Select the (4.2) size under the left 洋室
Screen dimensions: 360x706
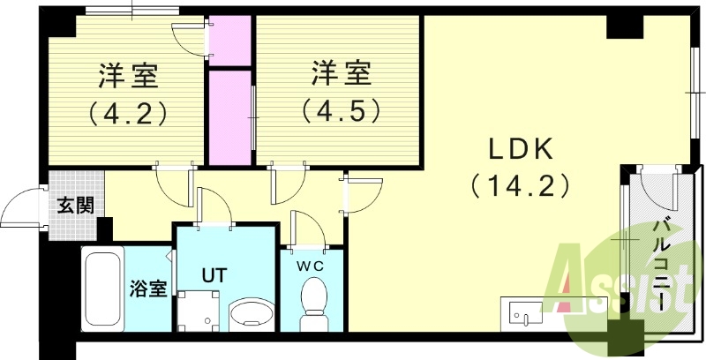coord(128,113)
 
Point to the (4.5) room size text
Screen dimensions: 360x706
coord(342,111)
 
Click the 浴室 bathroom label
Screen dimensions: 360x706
coord(148,289)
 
